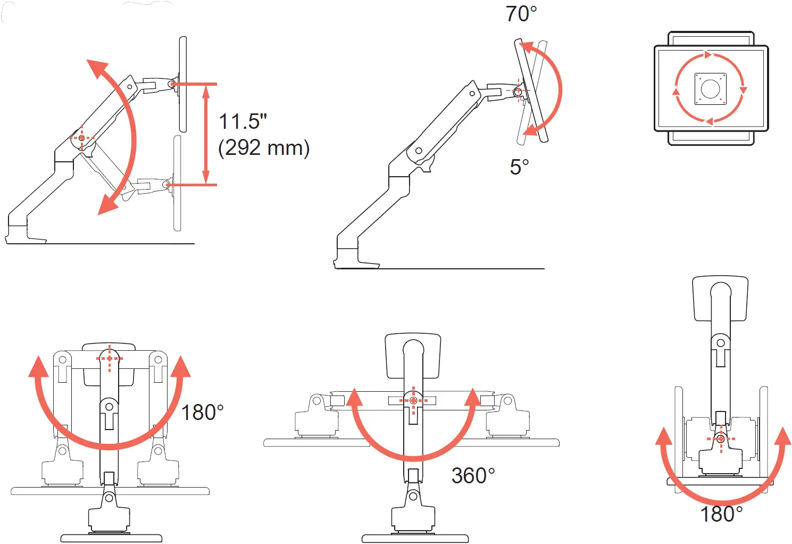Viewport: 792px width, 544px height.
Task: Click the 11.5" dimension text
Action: (243, 121)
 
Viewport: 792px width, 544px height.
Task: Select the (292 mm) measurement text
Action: (264, 147)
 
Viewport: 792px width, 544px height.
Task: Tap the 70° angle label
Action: (521, 14)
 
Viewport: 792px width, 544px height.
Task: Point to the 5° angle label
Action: (519, 167)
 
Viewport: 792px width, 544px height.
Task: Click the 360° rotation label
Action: (473, 475)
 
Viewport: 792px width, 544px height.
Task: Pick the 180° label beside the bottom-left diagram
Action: (202, 413)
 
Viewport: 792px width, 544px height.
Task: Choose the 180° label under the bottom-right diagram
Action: (721, 514)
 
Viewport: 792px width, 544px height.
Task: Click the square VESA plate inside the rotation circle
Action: (710, 89)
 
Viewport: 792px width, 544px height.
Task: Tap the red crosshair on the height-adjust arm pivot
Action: (81, 138)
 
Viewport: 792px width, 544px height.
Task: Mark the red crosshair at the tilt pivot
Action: (518, 91)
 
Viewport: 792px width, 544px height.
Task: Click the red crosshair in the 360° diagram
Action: (413, 400)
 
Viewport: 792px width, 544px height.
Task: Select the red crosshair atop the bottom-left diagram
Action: (110, 358)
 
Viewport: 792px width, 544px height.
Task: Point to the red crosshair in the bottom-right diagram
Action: (721, 439)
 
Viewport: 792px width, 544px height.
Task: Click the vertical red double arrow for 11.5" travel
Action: (206, 134)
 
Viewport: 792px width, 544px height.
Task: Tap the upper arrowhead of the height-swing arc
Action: (98, 69)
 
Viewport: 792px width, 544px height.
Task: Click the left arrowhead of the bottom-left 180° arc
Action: (38, 367)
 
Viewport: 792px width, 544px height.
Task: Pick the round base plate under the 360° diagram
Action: (415, 538)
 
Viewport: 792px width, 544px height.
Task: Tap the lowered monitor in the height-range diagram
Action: (177, 184)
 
